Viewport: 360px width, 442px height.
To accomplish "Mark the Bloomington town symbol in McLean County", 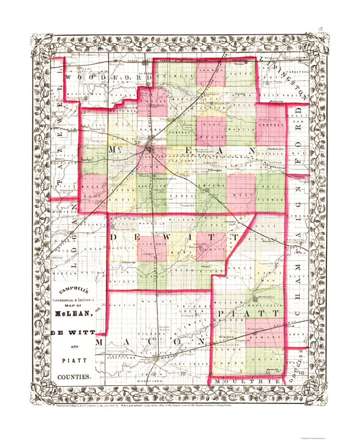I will pos(148,143).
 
